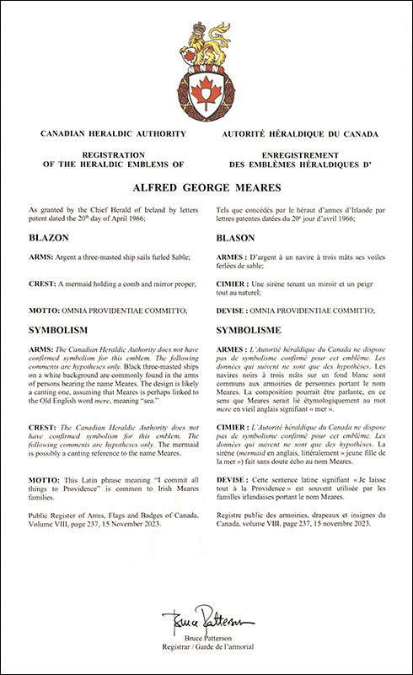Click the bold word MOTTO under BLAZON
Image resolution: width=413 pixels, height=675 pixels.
[45, 311]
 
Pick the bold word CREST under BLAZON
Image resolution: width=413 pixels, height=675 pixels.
[43, 284]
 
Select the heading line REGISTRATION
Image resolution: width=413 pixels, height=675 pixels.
[105, 154]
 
